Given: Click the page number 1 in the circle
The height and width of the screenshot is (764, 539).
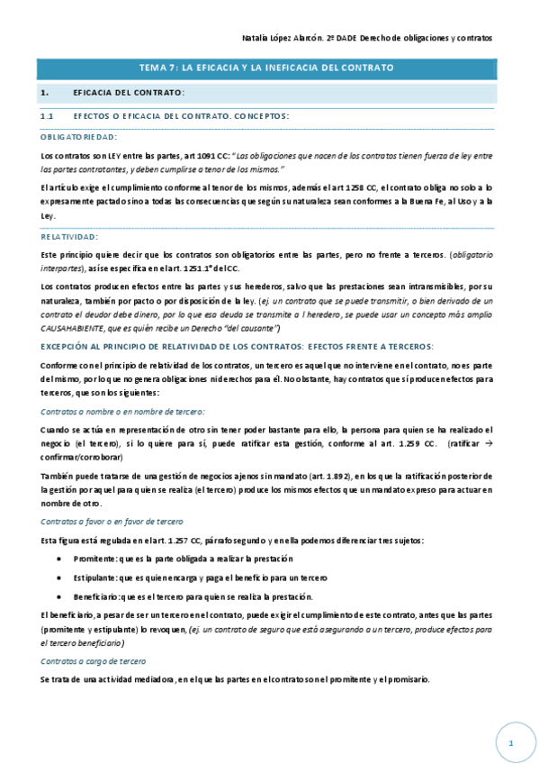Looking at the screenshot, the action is click(x=510, y=742).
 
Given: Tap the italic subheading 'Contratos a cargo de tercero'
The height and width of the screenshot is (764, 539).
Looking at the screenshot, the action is click(x=94, y=661).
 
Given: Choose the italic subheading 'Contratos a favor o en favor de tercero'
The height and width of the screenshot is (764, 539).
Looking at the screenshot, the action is click(x=112, y=522).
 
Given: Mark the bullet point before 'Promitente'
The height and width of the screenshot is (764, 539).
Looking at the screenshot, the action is click(x=59, y=559).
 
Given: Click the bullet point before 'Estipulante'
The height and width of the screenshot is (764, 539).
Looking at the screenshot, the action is click(x=59, y=578).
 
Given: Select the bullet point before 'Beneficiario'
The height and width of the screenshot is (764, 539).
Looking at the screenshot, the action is click(x=59, y=596).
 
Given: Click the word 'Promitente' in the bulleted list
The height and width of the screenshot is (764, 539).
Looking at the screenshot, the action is click(x=92, y=559).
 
